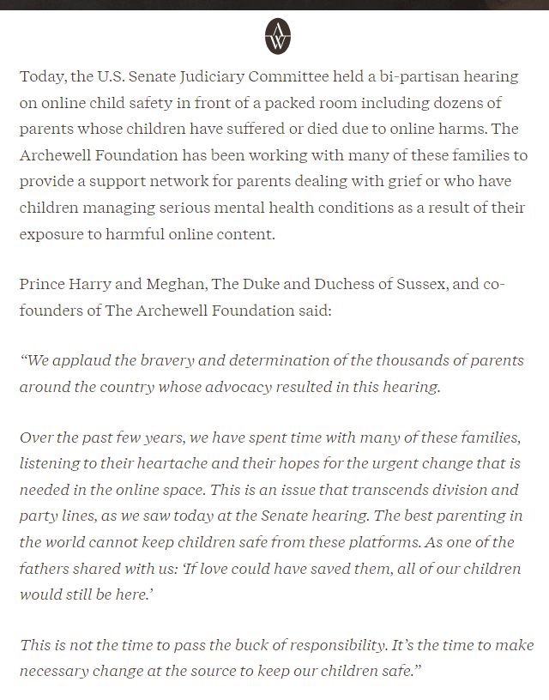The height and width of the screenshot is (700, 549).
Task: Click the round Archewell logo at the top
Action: point(277,35)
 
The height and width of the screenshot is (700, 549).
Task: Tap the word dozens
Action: point(455,103)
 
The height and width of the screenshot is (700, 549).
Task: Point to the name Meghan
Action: point(170,283)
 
